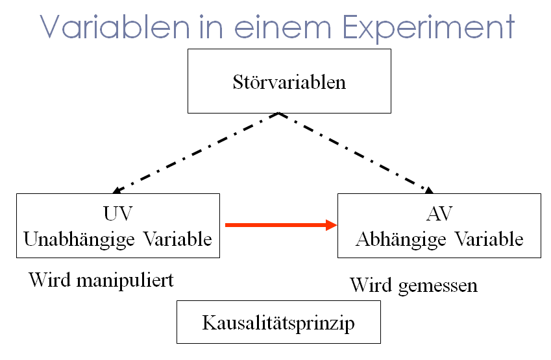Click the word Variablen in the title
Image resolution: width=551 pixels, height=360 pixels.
pos(115,27)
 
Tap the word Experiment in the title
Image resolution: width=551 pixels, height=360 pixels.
pos(428,28)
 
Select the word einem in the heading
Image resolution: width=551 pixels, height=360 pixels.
pos(282,27)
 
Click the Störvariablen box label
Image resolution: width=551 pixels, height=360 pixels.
pos(289,82)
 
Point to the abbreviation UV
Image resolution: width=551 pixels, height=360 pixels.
pos(117,213)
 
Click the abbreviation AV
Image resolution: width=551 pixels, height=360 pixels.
pos(439,213)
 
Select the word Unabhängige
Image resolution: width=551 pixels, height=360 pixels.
pos(79,240)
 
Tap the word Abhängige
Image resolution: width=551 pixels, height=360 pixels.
pos(400,240)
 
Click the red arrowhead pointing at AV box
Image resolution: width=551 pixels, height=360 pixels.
pos(332,225)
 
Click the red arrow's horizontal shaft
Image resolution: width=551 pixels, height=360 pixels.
pos(275,225)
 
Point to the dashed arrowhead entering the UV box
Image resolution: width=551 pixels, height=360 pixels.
pos(117,190)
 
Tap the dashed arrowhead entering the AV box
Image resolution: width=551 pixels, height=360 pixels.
pos(429,190)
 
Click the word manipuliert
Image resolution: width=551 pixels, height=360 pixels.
pos(125,281)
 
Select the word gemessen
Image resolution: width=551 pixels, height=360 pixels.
pos(438,286)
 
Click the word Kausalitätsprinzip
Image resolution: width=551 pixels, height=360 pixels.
pos(278,323)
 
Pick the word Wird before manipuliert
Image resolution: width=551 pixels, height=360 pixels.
pos(49,280)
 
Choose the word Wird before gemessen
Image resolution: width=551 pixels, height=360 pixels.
pos(371,285)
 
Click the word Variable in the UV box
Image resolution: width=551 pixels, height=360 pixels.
pos(178,239)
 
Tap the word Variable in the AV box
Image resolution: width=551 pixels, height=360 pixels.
pos(489,239)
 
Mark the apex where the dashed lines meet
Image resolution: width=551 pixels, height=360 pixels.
pos(278,113)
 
